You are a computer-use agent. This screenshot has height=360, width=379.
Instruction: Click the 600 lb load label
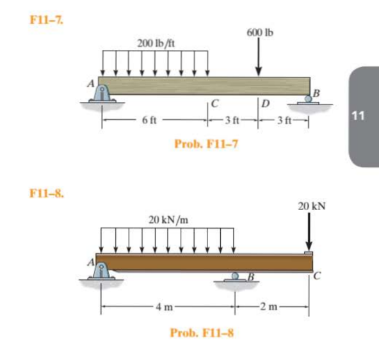coord(259,33)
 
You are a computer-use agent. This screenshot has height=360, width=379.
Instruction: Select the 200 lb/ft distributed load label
coord(156,44)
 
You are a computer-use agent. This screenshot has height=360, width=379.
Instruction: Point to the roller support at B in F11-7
coord(310,99)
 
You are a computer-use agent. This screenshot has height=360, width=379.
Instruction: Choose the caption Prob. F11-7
coord(206,143)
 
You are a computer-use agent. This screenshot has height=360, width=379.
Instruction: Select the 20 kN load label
coord(311,206)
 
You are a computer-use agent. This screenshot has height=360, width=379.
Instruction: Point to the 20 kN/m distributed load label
coord(168,220)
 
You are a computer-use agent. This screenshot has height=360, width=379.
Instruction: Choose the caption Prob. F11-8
coord(202,332)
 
